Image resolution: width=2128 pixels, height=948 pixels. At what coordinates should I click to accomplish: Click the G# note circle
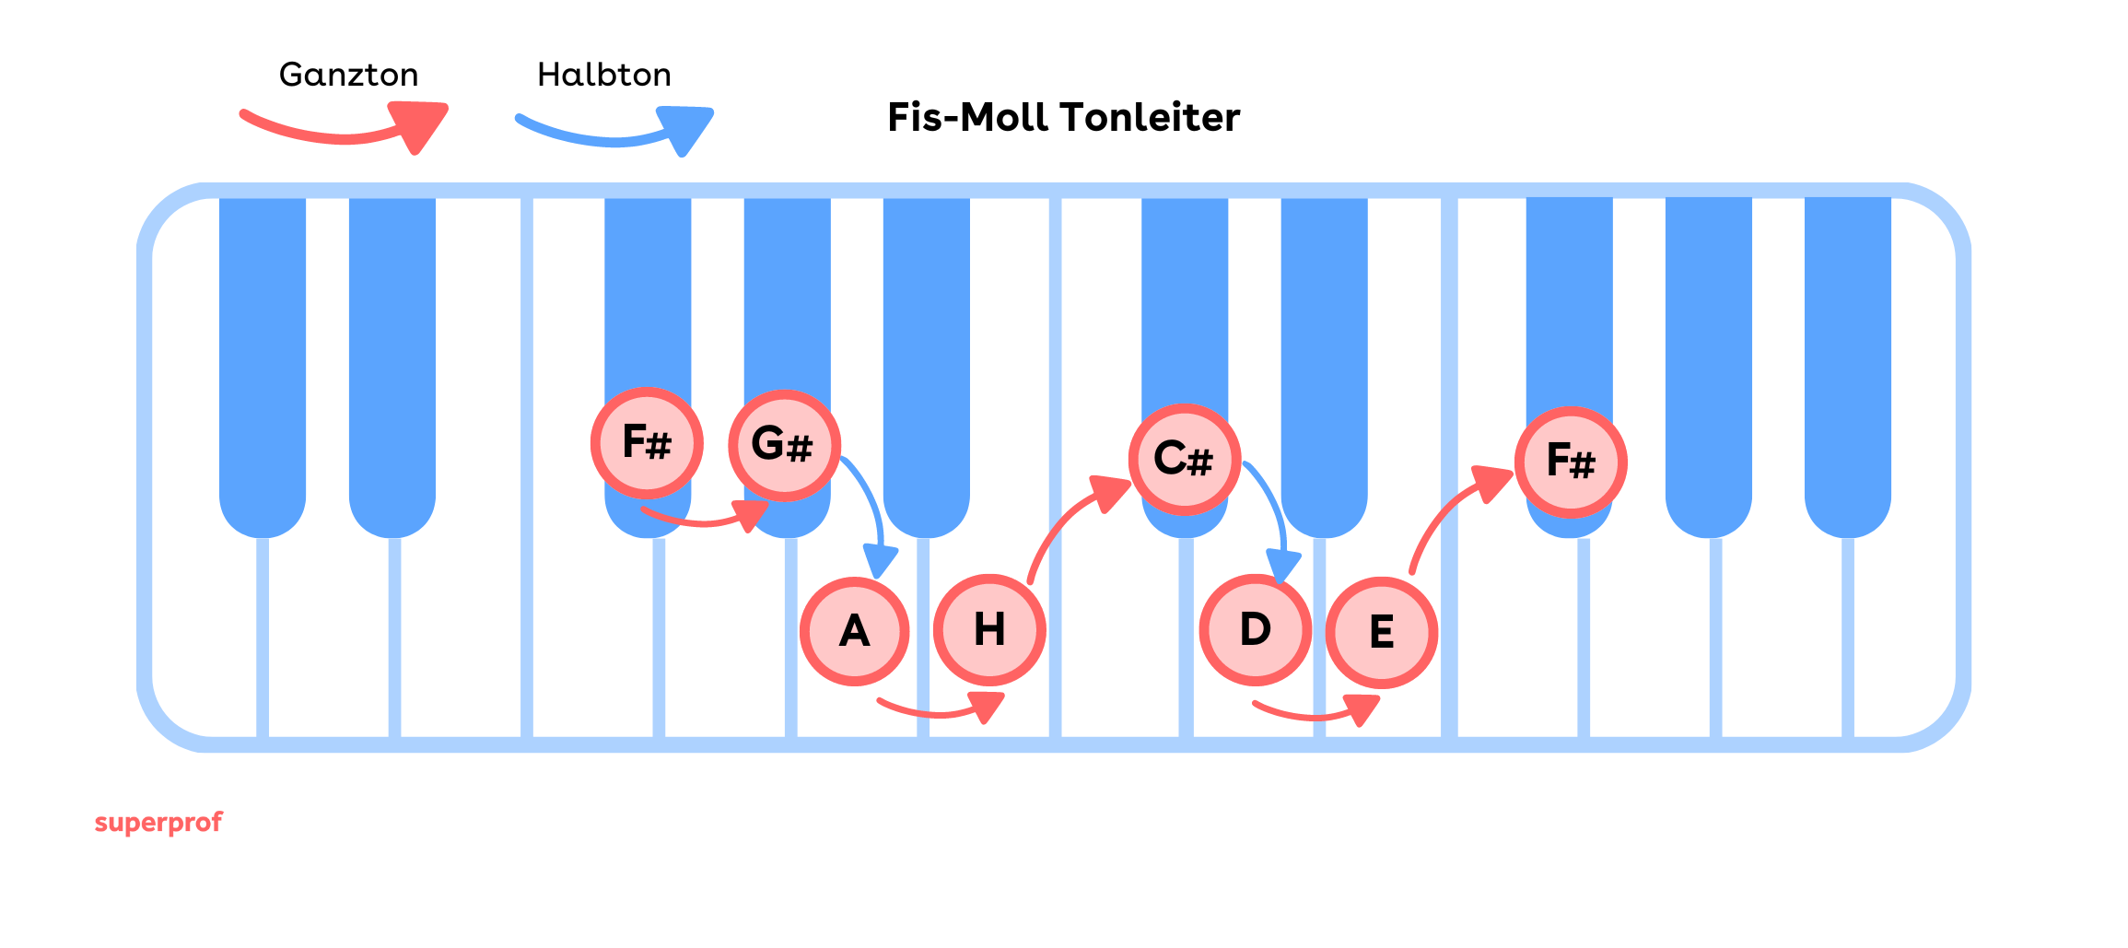tap(784, 446)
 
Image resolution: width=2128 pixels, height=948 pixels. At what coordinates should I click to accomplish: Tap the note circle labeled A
tap(855, 632)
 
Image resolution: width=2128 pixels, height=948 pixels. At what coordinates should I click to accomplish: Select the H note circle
tap(989, 630)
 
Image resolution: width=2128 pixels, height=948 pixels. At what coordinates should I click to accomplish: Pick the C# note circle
tap(1185, 459)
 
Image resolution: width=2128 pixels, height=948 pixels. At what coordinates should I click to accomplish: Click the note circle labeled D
tap(1255, 630)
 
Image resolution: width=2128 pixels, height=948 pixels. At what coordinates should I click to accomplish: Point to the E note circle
tap(1381, 633)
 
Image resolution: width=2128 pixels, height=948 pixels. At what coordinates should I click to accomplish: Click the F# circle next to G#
tap(647, 443)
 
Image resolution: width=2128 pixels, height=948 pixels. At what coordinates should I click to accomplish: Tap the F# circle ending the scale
tap(1571, 462)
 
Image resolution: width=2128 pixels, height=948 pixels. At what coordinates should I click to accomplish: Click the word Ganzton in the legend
tap(348, 75)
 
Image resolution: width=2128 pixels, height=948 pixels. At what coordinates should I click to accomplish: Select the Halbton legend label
tap(604, 75)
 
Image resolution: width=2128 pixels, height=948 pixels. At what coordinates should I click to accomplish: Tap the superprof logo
tap(158, 822)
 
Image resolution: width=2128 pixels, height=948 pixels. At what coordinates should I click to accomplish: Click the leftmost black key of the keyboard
tap(263, 359)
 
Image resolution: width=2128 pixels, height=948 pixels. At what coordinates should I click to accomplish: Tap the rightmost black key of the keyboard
tap(1847, 359)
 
